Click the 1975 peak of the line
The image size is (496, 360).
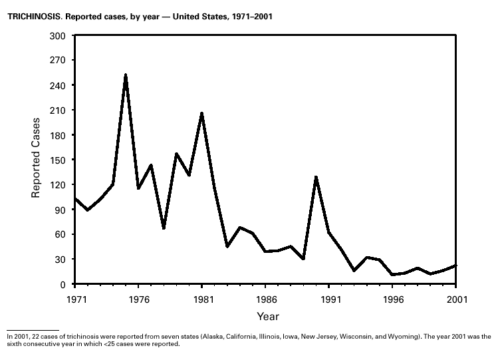[125, 75]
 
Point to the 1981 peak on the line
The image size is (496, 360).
[201, 113]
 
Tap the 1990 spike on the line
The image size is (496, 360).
[316, 177]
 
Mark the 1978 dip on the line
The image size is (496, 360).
[164, 228]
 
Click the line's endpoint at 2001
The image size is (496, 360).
[456, 266]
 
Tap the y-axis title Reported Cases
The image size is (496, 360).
[37, 158]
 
